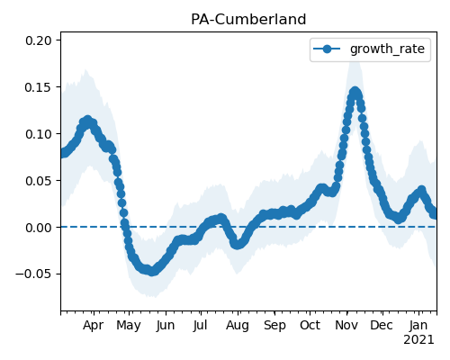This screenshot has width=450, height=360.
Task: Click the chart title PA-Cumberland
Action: click(x=248, y=20)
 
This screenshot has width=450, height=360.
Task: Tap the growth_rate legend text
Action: click(x=387, y=49)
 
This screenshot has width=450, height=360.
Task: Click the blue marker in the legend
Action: click(x=327, y=49)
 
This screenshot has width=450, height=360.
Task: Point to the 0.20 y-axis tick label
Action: click(x=39, y=40)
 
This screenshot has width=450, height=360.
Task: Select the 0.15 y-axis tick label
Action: click(x=39, y=87)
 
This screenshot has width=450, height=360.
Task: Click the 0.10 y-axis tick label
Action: click(x=39, y=134)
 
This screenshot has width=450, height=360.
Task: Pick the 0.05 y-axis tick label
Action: click(x=39, y=181)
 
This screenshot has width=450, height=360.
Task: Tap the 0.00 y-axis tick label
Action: click(x=39, y=228)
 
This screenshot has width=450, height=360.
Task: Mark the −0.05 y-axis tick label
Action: click(x=34, y=274)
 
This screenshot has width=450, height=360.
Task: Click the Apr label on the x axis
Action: click(x=94, y=326)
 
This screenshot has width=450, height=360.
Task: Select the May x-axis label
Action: click(x=129, y=326)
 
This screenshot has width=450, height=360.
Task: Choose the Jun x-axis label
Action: click(x=166, y=326)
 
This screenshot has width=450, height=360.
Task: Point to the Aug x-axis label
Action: click(x=238, y=326)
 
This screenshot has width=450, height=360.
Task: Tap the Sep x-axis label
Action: click(x=274, y=326)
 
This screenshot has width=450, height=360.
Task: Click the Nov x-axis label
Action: click(x=346, y=326)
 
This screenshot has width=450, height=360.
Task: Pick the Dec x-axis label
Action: click(x=382, y=326)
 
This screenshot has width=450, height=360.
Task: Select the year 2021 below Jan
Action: click(x=418, y=340)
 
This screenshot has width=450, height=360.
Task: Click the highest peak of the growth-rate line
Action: click(x=355, y=92)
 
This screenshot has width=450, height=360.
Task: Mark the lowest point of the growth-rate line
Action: click(x=152, y=272)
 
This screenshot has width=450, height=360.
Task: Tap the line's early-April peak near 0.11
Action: click(x=87, y=121)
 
